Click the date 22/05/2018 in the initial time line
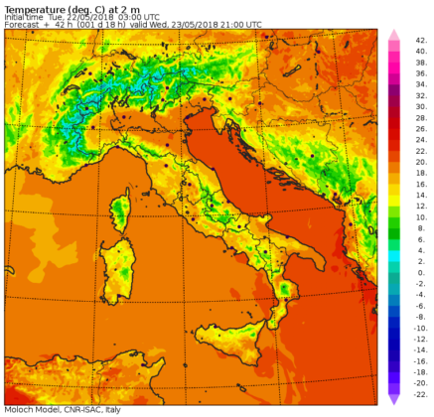click(87, 17)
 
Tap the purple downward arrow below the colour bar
click(393, 399)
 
